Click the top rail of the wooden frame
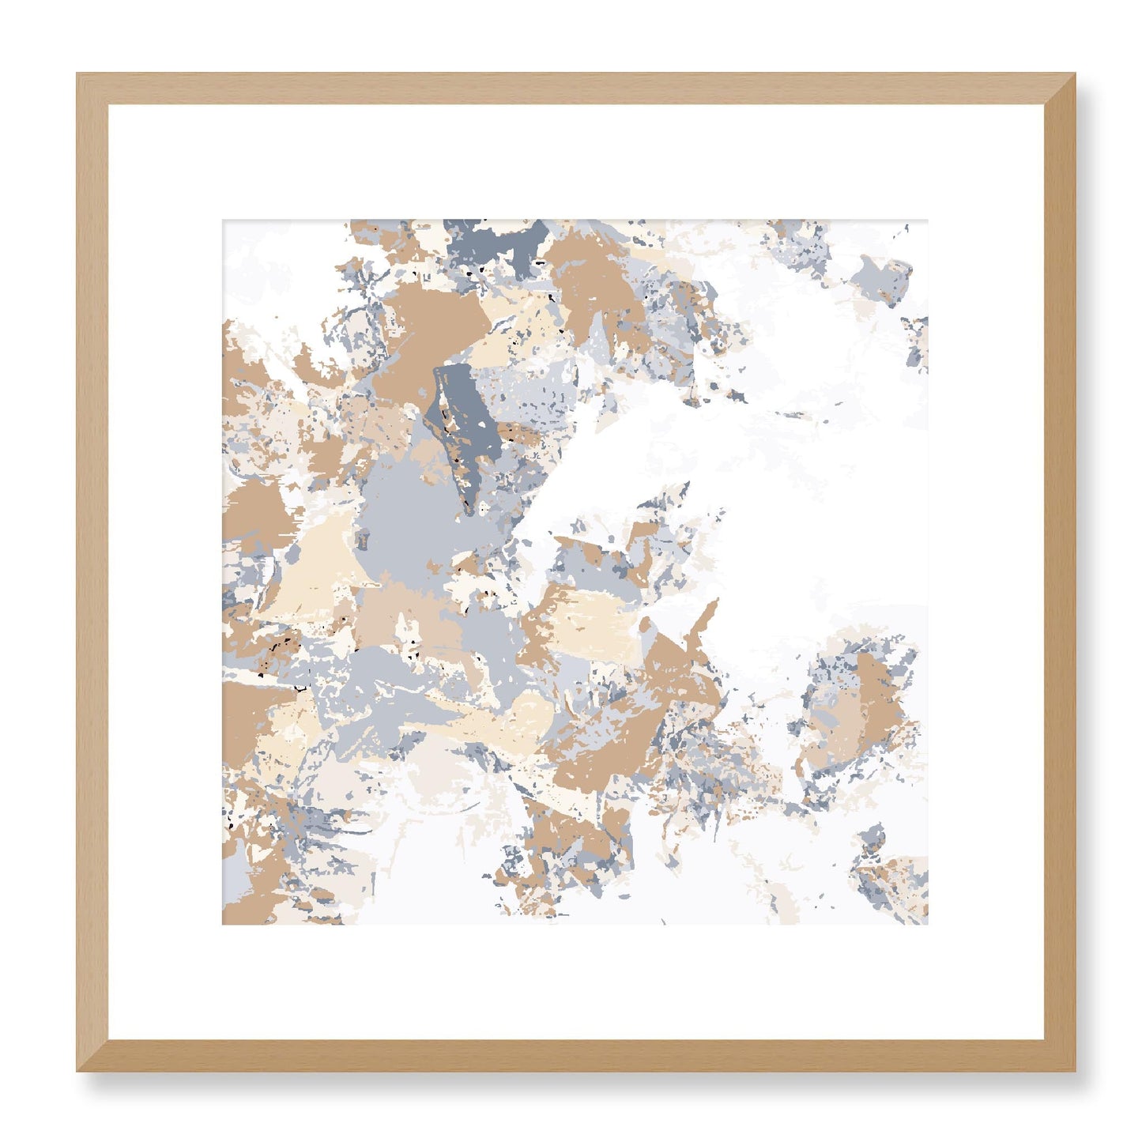[x=575, y=89]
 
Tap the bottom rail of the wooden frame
[x=575, y=1056]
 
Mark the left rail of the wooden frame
[x=92, y=572]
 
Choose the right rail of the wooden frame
[x=1060, y=572]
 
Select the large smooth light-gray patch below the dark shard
[x=411, y=514]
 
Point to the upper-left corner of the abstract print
[x=223, y=220]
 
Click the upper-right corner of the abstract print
[x=928, y=220]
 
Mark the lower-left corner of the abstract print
[x=223, y=924]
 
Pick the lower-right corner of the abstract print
[x=928, y=924]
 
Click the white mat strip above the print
[x=575, y=162]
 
